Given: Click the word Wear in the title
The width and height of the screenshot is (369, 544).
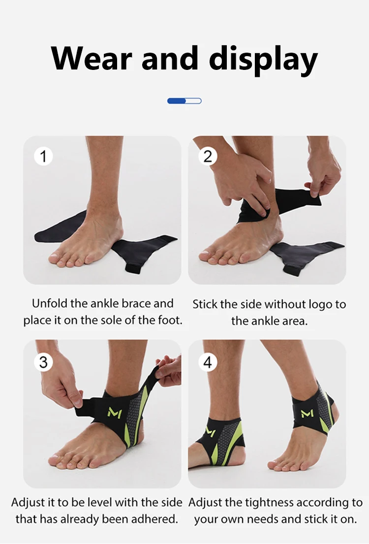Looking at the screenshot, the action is coord(92,58).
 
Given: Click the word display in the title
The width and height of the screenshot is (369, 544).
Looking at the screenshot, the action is coord(264,60).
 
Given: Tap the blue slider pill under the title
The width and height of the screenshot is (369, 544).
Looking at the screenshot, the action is coord(184,101).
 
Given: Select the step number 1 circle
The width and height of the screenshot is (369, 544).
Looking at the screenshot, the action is coord(43,156).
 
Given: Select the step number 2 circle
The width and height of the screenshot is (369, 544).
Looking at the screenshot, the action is coord(208,157).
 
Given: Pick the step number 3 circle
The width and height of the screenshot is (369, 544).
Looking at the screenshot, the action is coord(43,362).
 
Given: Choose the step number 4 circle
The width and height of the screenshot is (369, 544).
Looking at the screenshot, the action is coord(208,362).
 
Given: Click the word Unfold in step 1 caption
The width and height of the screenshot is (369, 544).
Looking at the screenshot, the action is coord(50,303).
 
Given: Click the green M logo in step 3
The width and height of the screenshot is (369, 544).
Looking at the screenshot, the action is coord(115,413).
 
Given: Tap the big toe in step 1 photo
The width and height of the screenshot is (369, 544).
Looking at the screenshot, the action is coord(56,258).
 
